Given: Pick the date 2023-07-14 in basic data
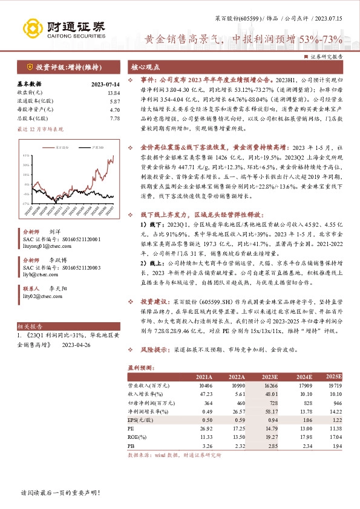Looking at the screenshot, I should [105, 85].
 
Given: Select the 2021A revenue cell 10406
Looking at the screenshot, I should [205, 384].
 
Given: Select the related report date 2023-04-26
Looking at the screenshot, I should [75, 345].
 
